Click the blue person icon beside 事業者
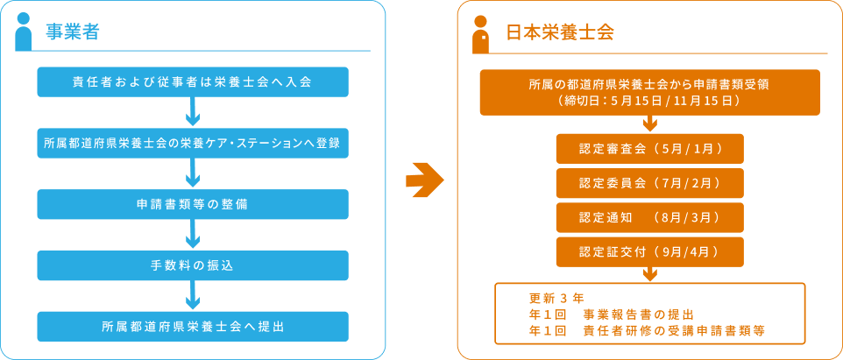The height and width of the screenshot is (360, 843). pyautogui.click(x=25, y=32)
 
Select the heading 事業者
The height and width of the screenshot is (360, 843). pyautogui.click(x=73, y=33)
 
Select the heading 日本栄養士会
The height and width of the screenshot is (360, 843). pyautogui.click(x=560, y=33)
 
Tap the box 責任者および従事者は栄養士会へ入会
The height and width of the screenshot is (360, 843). pyautogui.click(x=193, y=81)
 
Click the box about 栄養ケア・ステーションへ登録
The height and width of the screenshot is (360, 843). pyautogui.click(x=193, y=143)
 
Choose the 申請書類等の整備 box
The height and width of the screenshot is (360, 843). pyautogui.click(x=193, y=204)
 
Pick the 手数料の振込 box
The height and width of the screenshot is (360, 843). pyautogui.click(x=193, y=265)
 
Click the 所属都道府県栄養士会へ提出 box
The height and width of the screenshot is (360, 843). pyautogui.click(x=193, y=326)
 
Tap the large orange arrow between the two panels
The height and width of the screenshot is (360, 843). pyautogui.click(x=424, y=180)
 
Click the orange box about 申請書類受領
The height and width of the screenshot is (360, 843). pyautogui.click(x=649, y=92)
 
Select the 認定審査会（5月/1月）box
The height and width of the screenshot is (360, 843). pyautogui.click(x=649, y=149)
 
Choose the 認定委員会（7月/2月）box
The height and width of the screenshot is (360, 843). pyautogui.click(x=649, y=183)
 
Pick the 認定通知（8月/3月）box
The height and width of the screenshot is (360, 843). pyautogui.click(x=649, y=217)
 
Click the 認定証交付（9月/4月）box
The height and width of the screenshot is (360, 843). pyautogui.click(x=649, y=251)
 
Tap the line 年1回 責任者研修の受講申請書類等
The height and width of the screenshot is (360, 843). pyautogui.click(x=654, y=331)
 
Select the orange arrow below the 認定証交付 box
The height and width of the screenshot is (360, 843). pyautogui.click(x=649, y=274)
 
